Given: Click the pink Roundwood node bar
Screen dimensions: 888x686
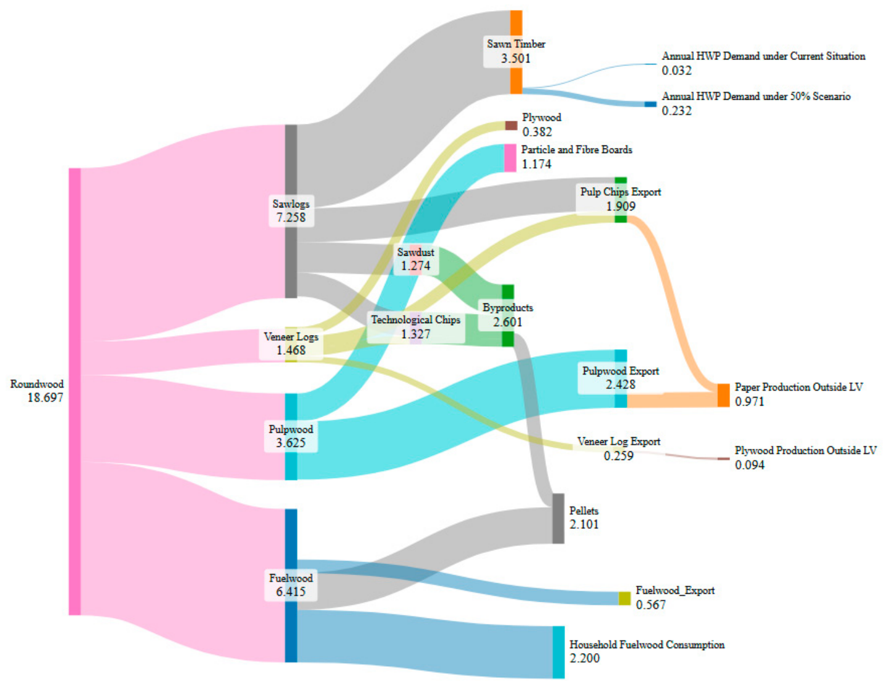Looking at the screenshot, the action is pos(74,391).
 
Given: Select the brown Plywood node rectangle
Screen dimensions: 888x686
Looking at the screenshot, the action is pos(511,126).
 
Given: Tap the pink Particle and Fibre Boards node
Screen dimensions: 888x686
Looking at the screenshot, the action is pos(510,158).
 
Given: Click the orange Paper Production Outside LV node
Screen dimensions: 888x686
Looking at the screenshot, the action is pos(723,396).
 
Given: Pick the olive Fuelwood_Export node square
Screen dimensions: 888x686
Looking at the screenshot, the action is pos(624,599).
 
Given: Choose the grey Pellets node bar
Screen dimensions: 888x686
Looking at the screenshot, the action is pos(558,518).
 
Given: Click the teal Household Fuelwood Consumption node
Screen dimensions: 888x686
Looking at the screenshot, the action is pos(559,652).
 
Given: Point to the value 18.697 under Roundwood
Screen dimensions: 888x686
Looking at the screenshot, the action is pos(45,397).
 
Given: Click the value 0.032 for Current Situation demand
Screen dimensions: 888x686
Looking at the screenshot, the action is pos(677,71).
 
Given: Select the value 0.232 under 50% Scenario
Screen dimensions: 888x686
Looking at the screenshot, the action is pos(677,111).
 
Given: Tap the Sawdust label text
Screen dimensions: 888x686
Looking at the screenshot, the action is pos(416,252).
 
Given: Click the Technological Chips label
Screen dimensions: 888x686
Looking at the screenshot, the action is pos(416,319).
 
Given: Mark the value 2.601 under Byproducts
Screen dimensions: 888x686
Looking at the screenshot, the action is pos(507,322).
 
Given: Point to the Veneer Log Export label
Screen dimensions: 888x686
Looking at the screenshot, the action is pos(619,441).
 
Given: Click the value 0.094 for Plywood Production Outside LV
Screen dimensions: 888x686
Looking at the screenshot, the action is pos(749,465).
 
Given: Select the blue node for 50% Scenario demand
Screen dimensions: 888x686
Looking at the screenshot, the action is pos(650,104).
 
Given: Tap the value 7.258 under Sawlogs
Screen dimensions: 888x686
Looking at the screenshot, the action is pos(291,217).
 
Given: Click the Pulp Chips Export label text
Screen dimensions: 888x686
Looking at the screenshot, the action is pos(621,192).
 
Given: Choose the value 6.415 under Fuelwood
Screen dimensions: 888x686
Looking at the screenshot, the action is pos(291,591).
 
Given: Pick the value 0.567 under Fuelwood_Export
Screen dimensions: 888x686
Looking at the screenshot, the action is pos(650,605).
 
